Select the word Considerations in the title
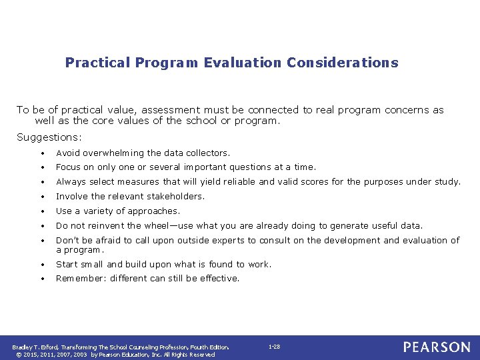coord(343,63)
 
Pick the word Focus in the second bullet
coord(69,167)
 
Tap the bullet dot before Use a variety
coord(41,211)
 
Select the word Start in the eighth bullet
coord(68,265)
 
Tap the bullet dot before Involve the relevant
coord(41,197)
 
